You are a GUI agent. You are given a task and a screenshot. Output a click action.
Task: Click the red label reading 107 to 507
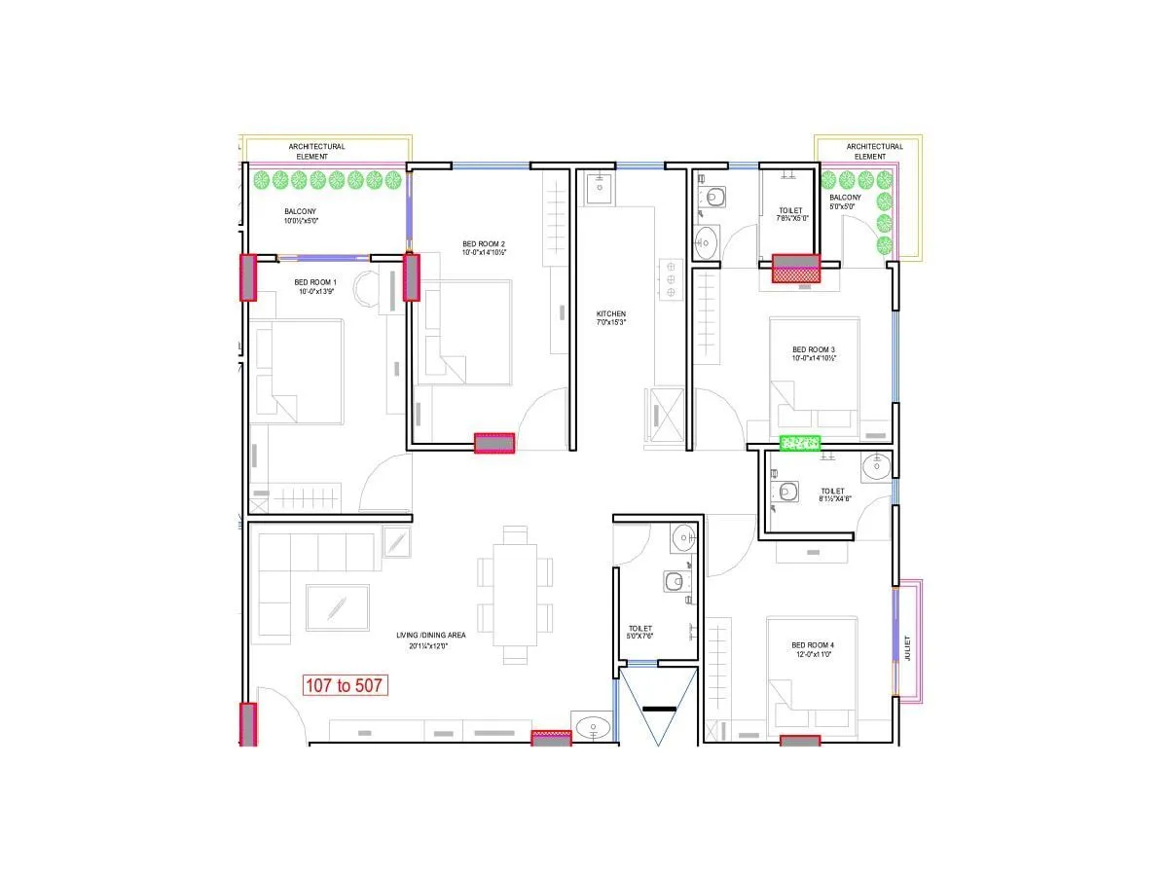(x=346, y=685)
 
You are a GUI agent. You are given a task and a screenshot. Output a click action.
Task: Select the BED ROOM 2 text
(x=484, y=248)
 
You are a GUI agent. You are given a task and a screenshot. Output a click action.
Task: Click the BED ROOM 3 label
(x=813, y=353)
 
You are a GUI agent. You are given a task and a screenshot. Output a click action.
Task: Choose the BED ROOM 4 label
(x=813, y=650)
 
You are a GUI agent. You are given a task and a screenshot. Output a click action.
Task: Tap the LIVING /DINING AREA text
(x=430, y=639)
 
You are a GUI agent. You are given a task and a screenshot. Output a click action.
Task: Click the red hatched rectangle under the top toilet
(x=796, y=269)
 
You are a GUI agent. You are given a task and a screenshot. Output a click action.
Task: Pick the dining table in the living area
(x=515, y=594)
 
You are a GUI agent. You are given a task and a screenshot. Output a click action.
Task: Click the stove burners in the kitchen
(x=670, y=278)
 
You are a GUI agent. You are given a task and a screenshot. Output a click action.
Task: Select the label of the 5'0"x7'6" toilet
(x=640, y=634)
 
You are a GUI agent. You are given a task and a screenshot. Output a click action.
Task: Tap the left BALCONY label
(x=300, y=216)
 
